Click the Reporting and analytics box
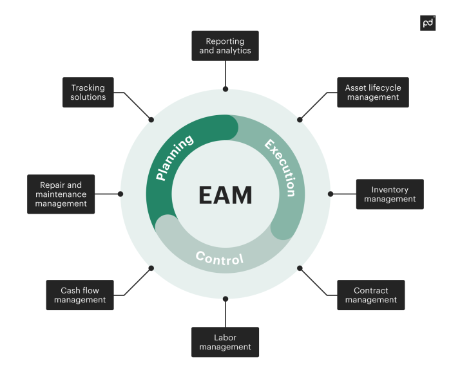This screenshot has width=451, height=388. click(x=225, y=46)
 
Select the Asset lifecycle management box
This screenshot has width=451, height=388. click(x=372, y=93)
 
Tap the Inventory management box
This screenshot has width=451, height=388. click(x=390, y=194)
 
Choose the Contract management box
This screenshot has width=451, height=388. click(x=371, y=295)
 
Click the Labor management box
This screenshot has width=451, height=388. click(x=225, y=342)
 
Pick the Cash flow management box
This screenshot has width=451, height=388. click(x=80, y=295)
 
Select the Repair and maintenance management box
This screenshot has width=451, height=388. click(x=61, y=194)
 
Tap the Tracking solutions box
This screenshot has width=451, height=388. click(x=88, y=93)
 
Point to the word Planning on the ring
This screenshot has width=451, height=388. click(x=175, y=158)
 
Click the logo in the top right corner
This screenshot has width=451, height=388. click(x=428, y=23)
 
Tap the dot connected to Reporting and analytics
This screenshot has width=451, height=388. click(x=225, y=89)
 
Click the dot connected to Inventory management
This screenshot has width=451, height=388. click(x=331, y=194)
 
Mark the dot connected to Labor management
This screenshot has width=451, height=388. click(x=225, y=299)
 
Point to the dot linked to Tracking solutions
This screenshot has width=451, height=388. click(x=151, y=120)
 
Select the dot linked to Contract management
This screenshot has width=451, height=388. click(x=300, y=268)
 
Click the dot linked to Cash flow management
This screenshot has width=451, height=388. click(x=151, y=268)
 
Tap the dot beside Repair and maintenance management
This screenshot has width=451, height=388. click(x=120, y=194)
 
